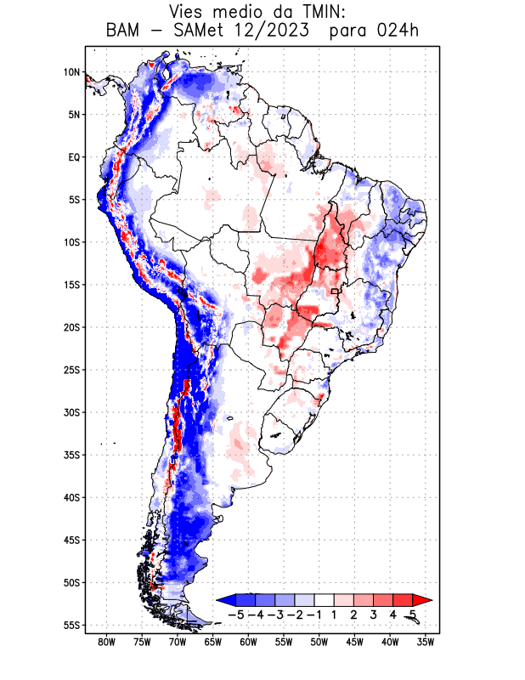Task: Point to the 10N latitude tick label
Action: (x=71, y=72)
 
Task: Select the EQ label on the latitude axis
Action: (x=74, y=157)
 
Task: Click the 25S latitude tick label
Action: (x=71, y=370)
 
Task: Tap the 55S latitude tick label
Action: (x=71, y=625)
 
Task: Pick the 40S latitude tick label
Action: (x=71, y=497)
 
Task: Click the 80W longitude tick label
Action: (x=106, y=642)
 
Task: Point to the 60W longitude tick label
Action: (x=248, y=642)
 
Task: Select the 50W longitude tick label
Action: (x=319, y=642)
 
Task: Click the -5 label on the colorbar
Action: (x=236, y=615)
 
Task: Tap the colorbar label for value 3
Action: (x=374, y=615)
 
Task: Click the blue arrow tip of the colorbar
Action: (x=223, y=599)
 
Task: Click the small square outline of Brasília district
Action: (x=335, y=291)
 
